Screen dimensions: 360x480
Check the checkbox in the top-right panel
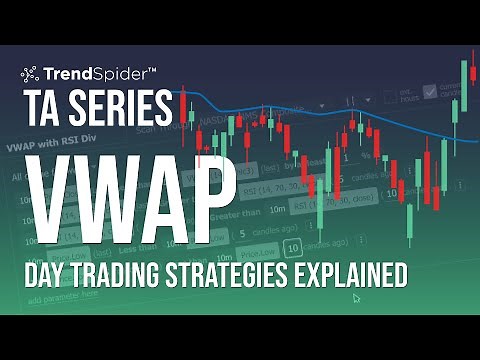430,92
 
